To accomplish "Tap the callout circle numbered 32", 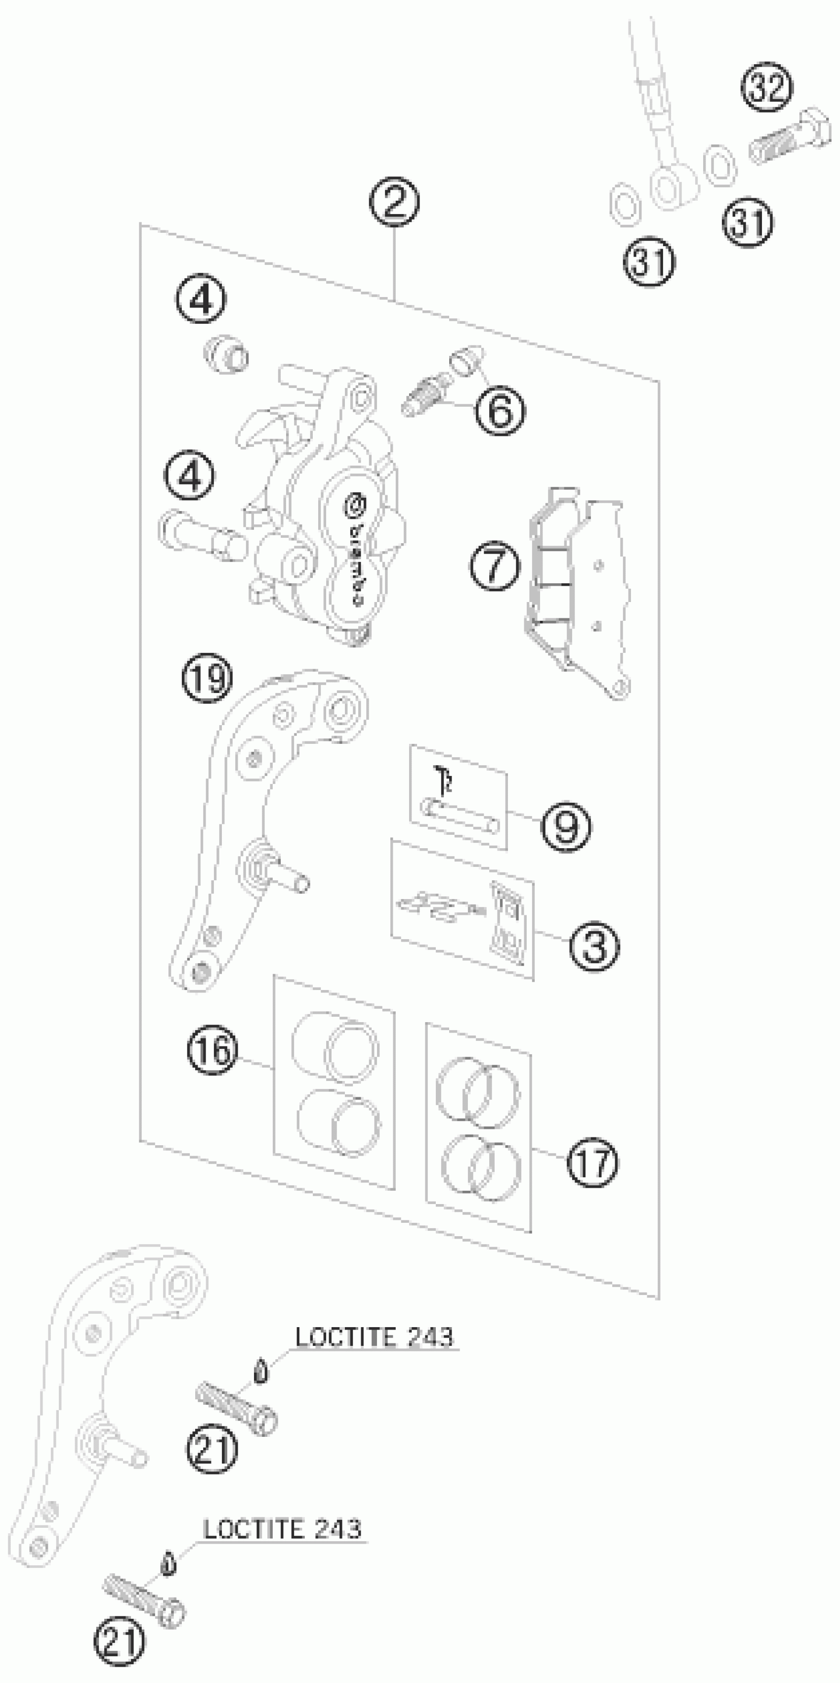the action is [x=767, y=87].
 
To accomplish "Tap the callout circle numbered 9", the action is [x=566, y=826].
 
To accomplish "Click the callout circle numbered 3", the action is [x=594, y=947].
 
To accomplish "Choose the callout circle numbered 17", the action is [x=592, y=1163].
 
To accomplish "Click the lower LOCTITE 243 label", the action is [x=282, y=1529].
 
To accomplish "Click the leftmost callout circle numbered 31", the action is [x=649, y=261].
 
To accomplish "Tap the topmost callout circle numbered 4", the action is [x=202, y=300].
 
